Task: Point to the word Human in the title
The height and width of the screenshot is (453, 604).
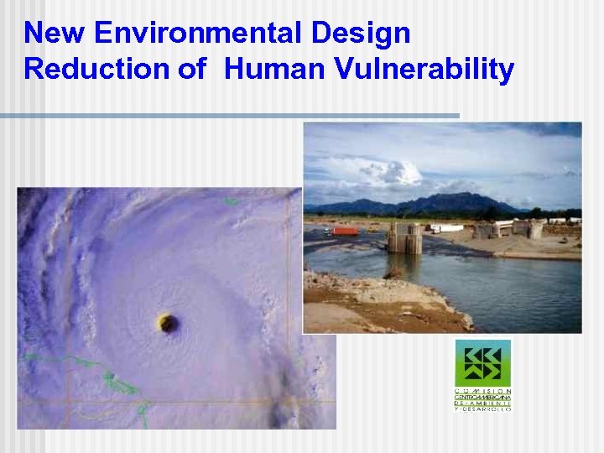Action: click(x=268, y=69)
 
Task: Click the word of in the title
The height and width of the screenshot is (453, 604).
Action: click(x=191, y=69)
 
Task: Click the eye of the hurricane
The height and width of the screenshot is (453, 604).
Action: click(x=168, y=321)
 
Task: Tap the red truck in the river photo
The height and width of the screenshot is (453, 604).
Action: click(x=344, y=231)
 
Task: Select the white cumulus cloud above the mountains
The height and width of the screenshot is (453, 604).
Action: click(x=386, y=173)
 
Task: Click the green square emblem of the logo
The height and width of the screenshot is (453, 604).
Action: click(x=483, y=362)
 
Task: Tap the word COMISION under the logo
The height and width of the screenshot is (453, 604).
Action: click(x=483, y=391)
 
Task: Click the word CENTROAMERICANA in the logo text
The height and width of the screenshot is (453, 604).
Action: click(x=483, y=397)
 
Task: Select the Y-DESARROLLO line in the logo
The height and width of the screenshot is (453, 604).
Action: click(x=483, y=409)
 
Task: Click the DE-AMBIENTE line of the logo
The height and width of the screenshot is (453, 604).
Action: click(x=483, y=403)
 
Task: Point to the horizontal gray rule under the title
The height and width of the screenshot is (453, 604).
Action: click(x=230, y=115)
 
